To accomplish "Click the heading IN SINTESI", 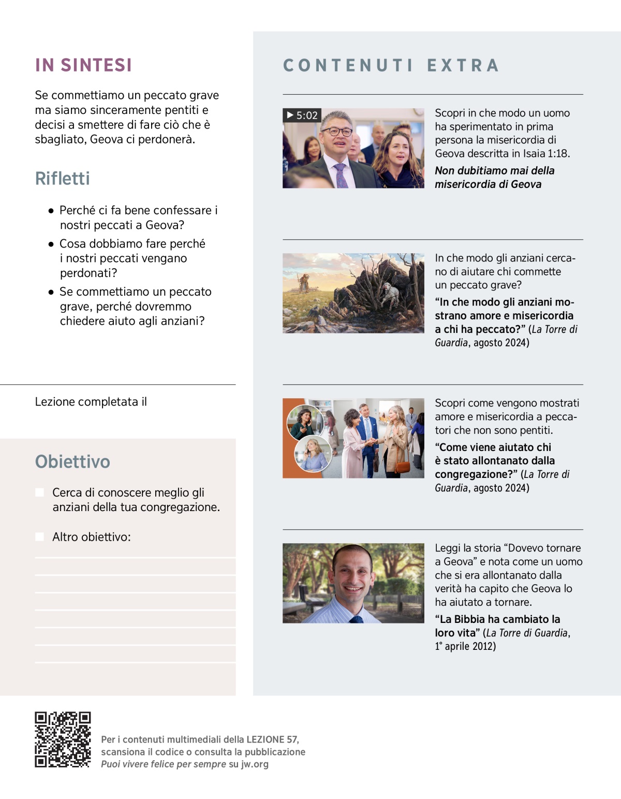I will tap(83, 65).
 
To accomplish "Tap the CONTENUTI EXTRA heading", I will tap(391, 65).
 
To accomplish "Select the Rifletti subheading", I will tap(62, 179).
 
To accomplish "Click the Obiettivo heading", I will tap(72, 461).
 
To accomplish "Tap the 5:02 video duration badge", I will tap(302, 115).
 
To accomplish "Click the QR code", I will tap(63, 739).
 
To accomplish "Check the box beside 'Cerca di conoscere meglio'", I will tap(39, 492).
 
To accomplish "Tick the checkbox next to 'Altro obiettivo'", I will tap(39, 537).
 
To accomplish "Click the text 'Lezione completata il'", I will tap(91, 402).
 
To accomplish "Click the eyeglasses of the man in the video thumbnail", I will tap(336, 132).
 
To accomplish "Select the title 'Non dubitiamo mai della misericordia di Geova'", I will tap(494, 177).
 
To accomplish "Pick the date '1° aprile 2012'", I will tap(465, 646).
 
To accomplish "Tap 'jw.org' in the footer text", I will tap(255, 764).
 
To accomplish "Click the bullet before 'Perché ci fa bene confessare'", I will tap(51, 211).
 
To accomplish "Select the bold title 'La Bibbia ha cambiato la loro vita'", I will tap(497, 626).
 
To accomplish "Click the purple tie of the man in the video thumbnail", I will tap(341, 176).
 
